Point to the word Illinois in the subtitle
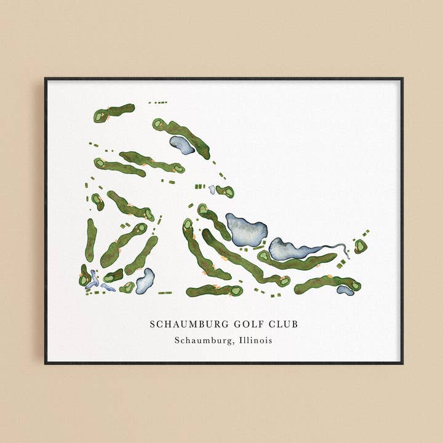click(253, 340)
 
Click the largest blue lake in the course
click(247, 229)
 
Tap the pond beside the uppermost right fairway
click(182, 145)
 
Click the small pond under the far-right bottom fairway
click(345, 290)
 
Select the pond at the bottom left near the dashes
click(146, 281)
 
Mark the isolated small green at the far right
click(360, 246)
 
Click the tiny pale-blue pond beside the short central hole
click(212, 190)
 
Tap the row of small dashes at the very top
click(158, 102)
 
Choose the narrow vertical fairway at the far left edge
click(90, 240)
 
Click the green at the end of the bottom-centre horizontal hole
click(236, 290)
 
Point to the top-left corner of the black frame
click(46, 79)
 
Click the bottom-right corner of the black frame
click(402, 363)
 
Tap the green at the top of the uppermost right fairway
click(158, 124)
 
